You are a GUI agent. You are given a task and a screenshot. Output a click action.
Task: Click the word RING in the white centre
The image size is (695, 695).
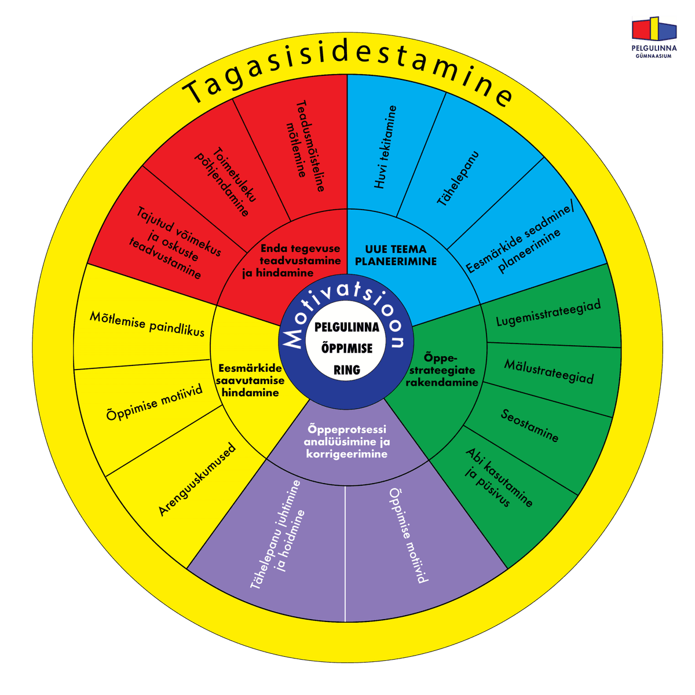346,370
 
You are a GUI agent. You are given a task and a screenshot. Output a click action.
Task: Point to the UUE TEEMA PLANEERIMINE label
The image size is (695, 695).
396,255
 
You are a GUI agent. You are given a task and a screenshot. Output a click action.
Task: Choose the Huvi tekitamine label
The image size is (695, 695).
385,147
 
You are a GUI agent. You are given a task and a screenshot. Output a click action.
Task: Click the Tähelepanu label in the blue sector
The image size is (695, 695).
458,179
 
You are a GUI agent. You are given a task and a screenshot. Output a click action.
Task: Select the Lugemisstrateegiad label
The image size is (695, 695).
548,312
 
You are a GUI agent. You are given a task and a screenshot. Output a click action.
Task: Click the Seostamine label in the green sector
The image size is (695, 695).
529,426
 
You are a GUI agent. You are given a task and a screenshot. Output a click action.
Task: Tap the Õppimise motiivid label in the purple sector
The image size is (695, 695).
409,535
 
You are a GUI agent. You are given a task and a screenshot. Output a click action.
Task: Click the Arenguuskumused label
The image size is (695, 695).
197,480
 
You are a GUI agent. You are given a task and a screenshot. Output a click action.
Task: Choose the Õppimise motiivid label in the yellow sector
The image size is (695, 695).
154,402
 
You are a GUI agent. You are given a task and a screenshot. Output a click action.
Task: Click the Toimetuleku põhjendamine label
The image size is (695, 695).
225,182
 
